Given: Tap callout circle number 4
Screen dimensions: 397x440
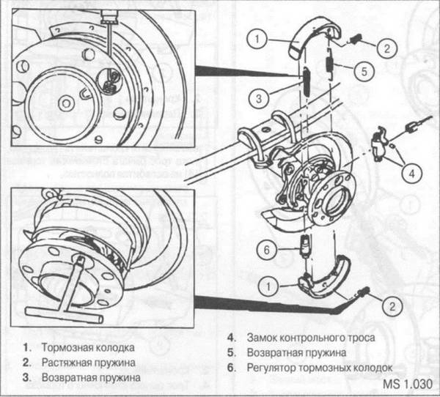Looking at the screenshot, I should tap(413, 174).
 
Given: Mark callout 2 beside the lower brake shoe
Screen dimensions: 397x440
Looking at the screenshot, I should tap(391, 304).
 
